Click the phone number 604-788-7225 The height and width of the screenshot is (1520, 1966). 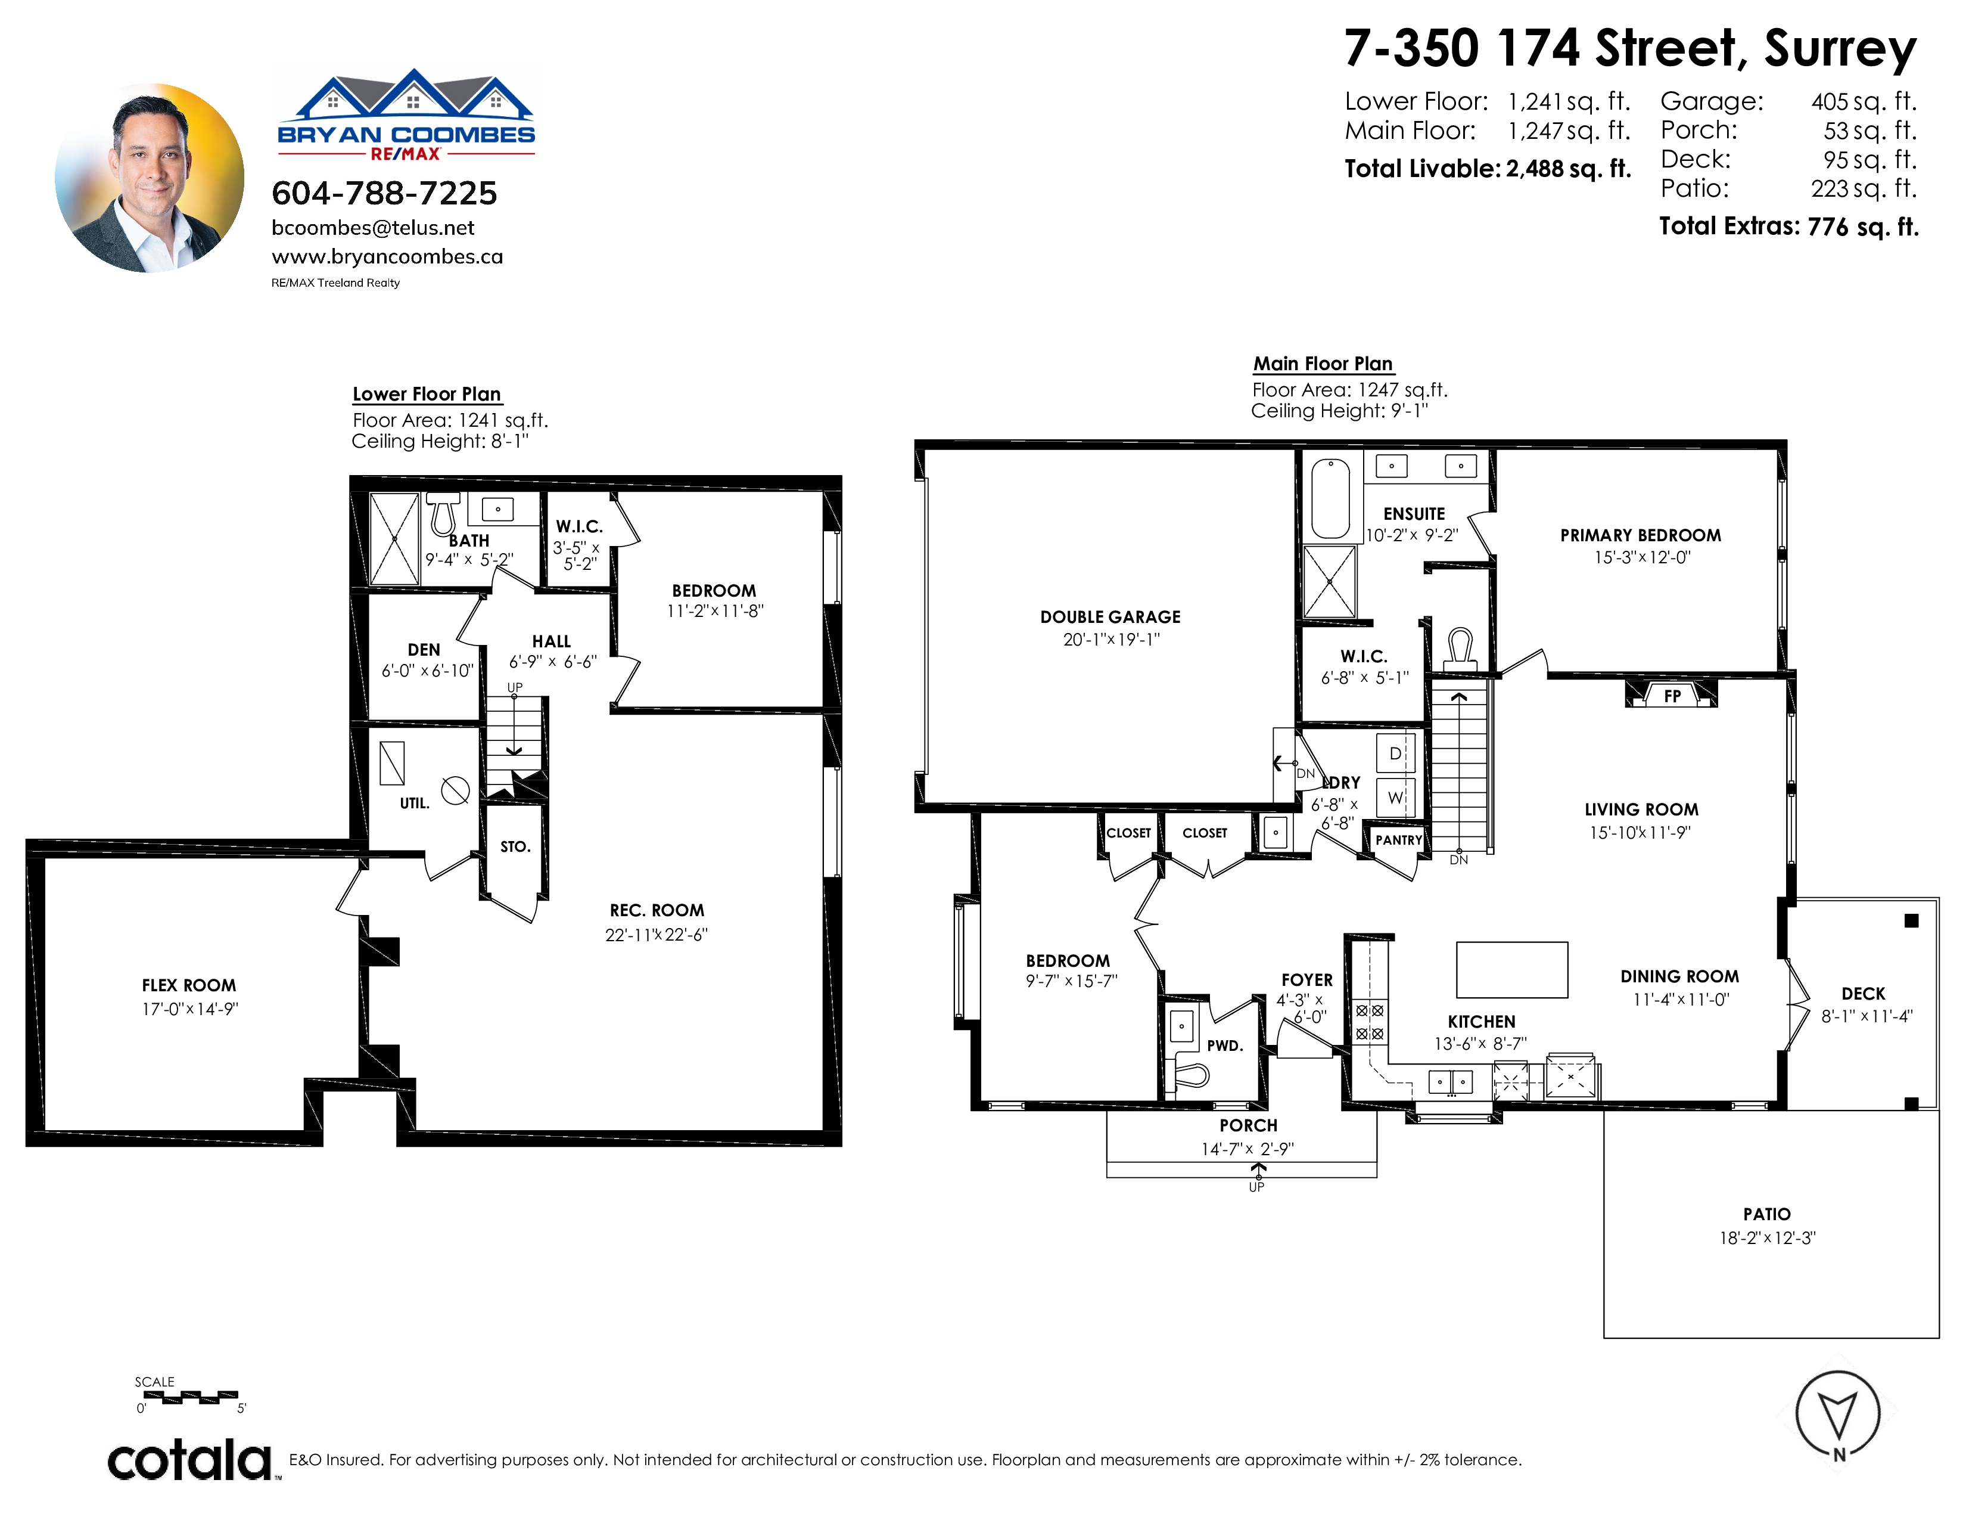(x=384, y=193)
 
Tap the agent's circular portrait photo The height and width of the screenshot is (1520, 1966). (x=150, y=178)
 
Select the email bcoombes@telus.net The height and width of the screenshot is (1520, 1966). (x=373, y=228)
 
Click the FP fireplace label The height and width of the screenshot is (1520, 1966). (x=1672, y=695)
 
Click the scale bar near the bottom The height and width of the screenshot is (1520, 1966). (x=191, y=1397)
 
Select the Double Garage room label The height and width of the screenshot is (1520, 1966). (x=1110, y=617)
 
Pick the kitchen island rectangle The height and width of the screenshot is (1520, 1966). (x=1512, y=970)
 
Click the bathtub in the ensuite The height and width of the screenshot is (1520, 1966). (x=1330, y=498)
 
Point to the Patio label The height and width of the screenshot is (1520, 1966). (x=1767, y=1214)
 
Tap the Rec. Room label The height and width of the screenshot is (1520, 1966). (x=657, y=910)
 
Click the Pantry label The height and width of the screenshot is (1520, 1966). (x=1399, y=840)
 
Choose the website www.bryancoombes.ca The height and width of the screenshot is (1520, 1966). (x=387, y=257)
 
